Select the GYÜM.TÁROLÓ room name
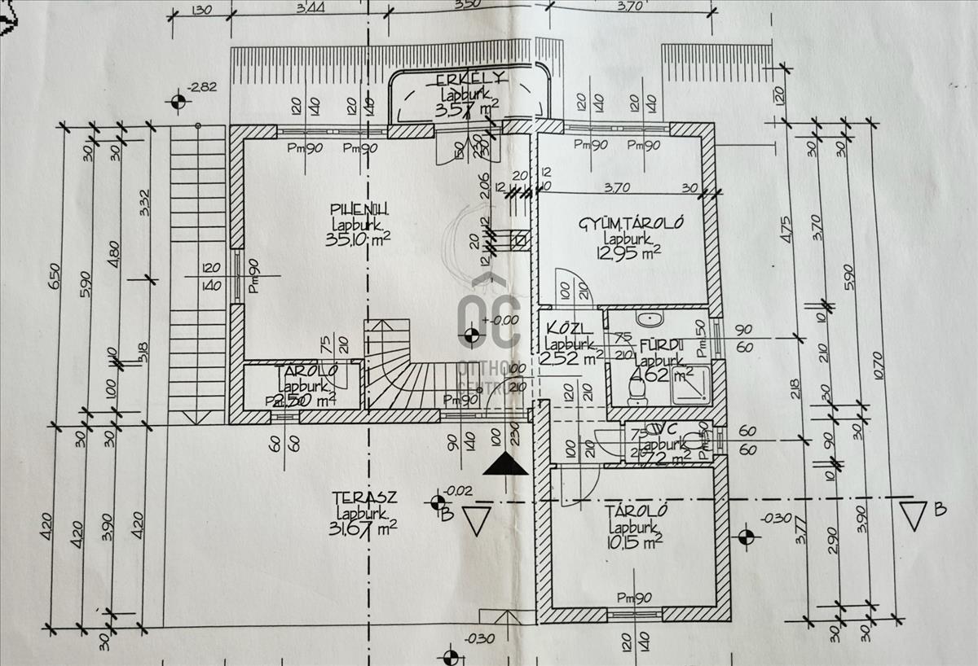(x=630, y=223)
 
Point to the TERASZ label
(x=364, y=497)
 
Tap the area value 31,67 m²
(x=364, y=529)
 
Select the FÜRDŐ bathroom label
(x=660, y=344)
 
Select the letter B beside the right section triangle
(x=941, y=510)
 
